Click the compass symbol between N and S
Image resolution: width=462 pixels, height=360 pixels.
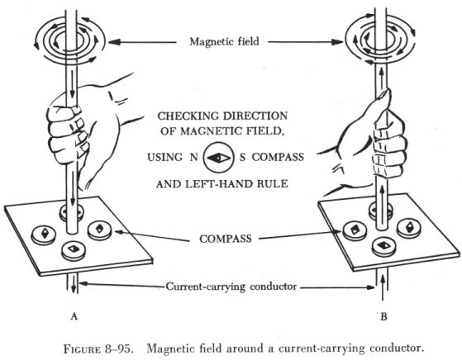click(219, 158)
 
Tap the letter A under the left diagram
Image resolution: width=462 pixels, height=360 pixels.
click(74, 316)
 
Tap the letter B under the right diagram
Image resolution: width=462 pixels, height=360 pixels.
click(383, 317)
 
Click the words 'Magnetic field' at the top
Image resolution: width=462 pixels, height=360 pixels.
click(224, 41)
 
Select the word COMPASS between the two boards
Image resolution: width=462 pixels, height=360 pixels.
click(226, 238)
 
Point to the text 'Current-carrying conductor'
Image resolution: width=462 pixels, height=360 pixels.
click(231, 287)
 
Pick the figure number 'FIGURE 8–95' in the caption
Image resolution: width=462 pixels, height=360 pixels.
click(98, 349)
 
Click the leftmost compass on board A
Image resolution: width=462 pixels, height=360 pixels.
click(44, 234)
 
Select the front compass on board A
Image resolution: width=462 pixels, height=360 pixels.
click(74, 250)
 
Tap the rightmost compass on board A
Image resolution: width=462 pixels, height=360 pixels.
click(100, 230)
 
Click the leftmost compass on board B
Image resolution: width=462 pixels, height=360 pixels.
click(355, 230)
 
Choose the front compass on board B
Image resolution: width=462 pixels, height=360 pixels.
click(384, 246)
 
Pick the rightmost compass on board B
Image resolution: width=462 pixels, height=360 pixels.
click(409, 227)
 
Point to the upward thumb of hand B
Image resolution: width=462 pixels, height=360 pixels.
click(383, 102)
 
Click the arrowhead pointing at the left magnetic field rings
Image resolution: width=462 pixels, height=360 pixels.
click(115, 42)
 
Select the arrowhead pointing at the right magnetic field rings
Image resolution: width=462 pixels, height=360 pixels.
click(337, 42)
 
